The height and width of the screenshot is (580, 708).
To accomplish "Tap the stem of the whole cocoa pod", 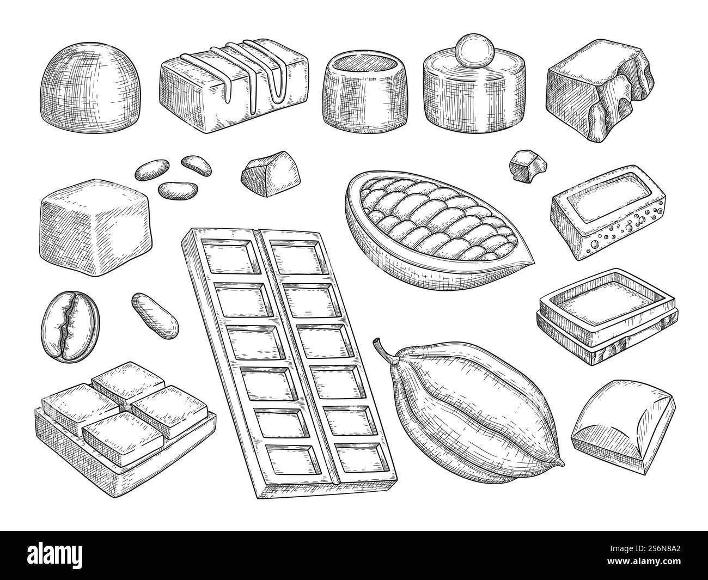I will (380, 349).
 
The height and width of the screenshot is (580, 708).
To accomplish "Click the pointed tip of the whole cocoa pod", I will (557, 465).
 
